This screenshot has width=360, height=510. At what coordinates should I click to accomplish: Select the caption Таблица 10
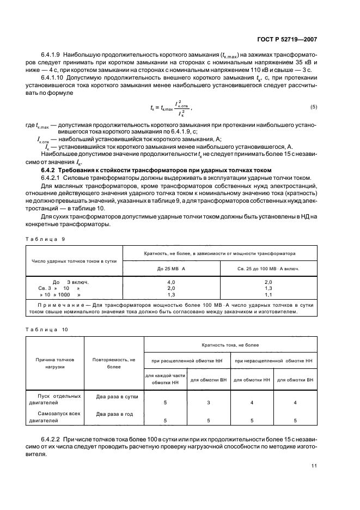tap(47, 329)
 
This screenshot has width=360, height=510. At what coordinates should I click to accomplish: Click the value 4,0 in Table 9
tap(171, 282)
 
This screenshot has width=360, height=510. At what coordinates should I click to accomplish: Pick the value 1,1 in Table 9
tap(268, 294)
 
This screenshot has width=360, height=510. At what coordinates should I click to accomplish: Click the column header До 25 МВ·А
tap(171, 269)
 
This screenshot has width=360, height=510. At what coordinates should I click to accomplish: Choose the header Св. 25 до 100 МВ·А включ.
tap(268, 269)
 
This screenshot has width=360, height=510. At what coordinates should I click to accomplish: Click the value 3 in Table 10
tap(209, 403)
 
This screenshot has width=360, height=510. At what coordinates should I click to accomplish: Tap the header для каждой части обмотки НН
tap(166, 380)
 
